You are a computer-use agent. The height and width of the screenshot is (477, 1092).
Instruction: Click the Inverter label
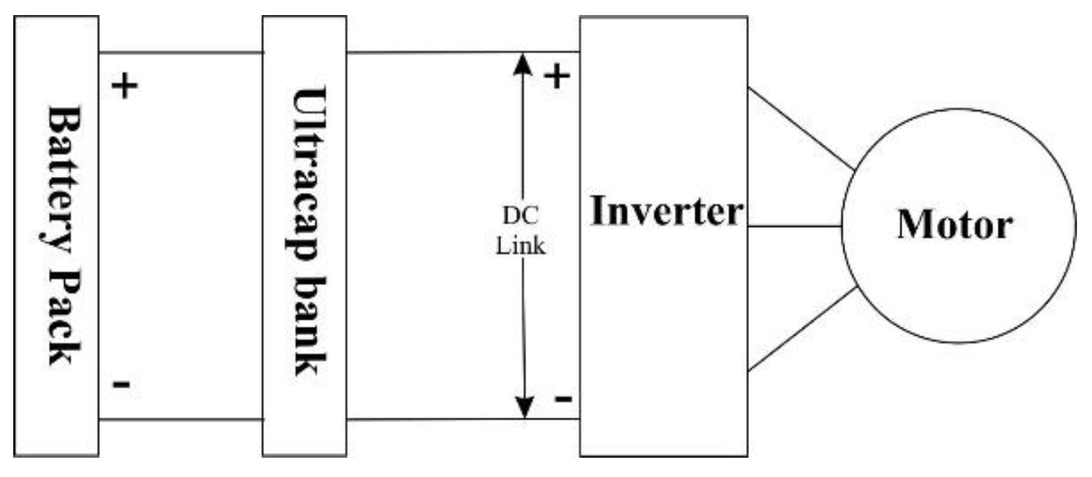[667, 212]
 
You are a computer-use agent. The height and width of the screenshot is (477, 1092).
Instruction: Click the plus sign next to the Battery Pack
[125, 86]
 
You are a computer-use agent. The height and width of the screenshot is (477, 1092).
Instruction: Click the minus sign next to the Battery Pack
[122, 384]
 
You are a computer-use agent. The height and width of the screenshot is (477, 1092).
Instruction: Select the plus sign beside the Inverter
[557, 76]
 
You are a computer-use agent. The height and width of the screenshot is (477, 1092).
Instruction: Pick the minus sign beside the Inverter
[563, 398]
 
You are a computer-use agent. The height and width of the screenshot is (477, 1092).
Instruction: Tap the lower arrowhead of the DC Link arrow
[525, 407]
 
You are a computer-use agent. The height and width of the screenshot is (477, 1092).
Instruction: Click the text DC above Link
[520, 215]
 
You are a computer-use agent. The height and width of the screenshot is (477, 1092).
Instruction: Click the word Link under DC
[520, 245]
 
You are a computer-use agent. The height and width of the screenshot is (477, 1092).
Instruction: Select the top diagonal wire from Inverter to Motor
[800, 129]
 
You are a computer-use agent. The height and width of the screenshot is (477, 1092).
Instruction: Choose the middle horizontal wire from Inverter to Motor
[794, 226]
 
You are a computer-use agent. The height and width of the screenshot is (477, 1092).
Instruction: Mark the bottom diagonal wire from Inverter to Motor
[801, 329]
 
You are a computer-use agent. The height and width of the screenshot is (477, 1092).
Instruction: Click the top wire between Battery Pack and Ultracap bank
[180, 53]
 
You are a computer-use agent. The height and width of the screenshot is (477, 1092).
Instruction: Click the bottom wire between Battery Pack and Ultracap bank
[180, 419]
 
